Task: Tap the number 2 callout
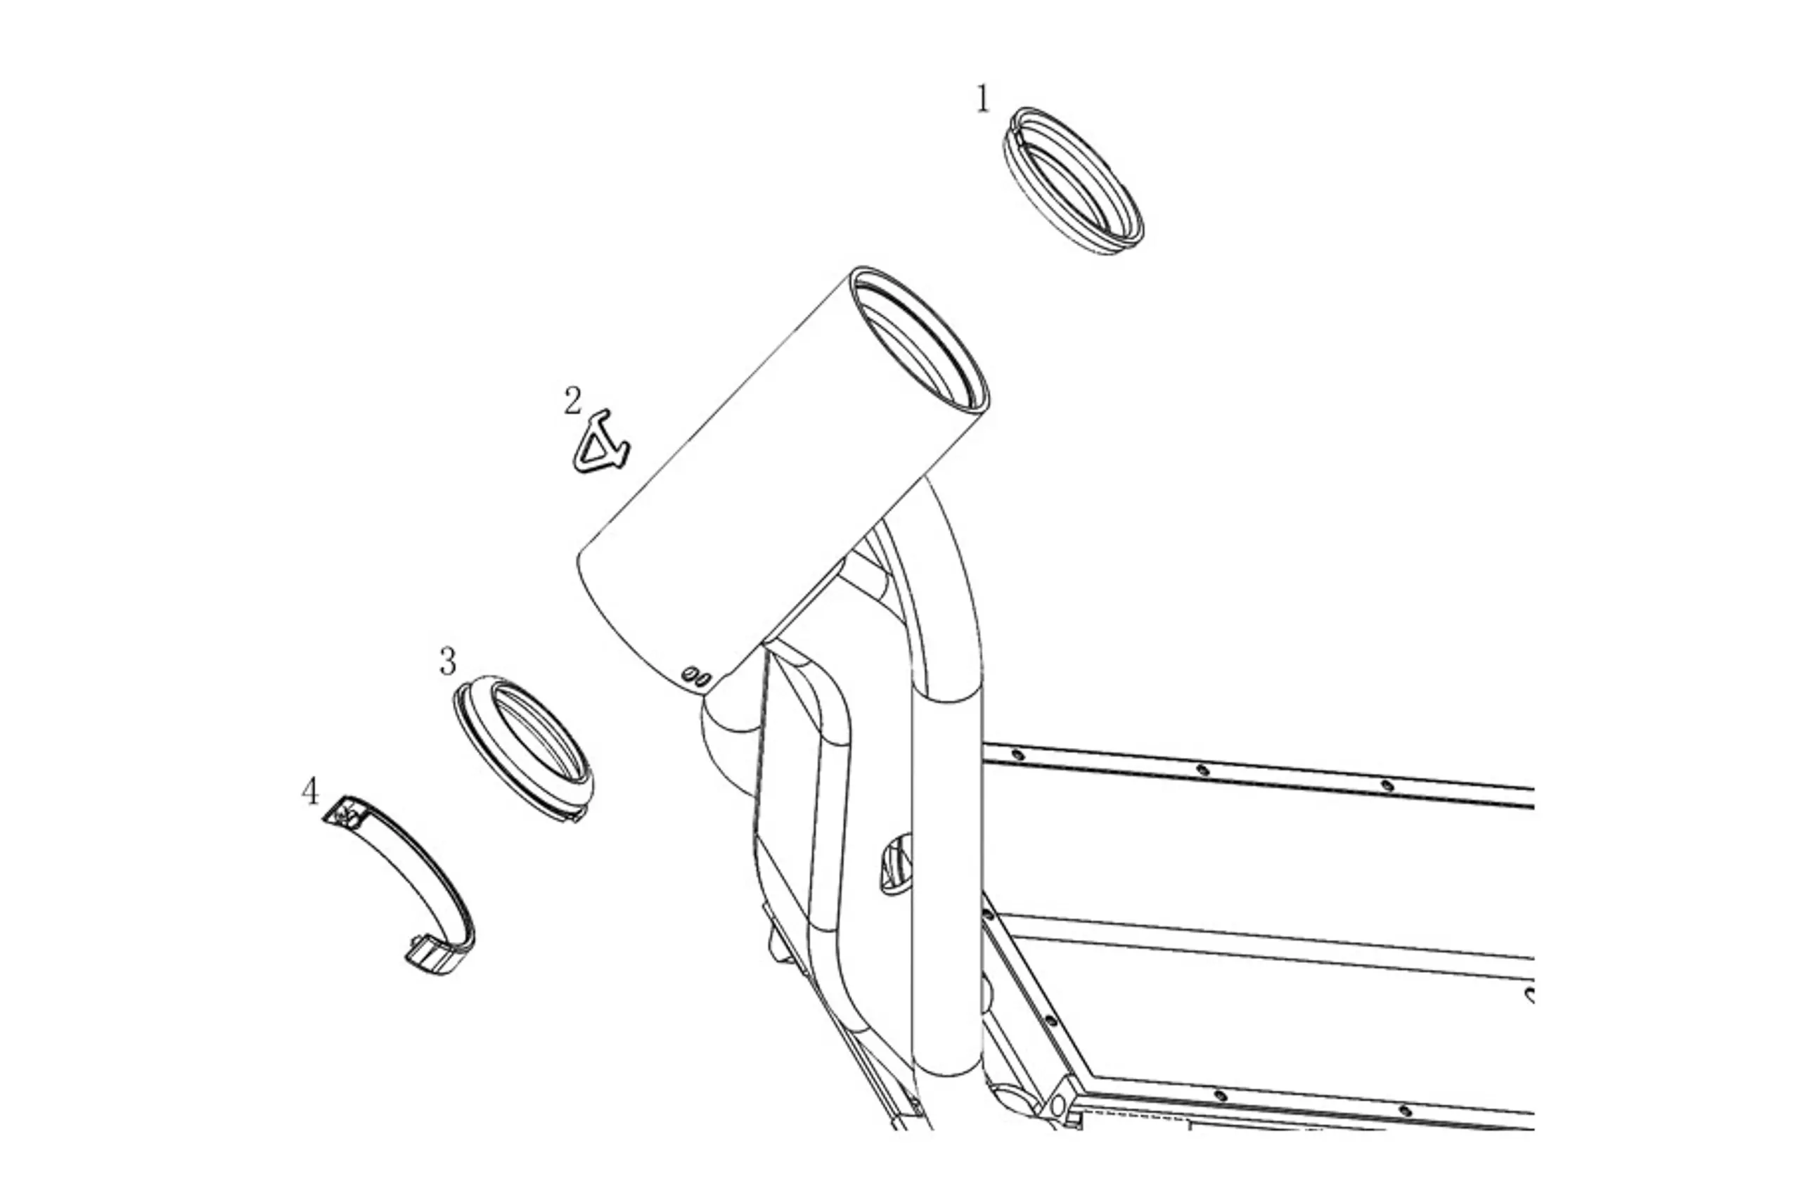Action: tap(572, 401)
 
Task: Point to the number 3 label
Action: tap(449, 662)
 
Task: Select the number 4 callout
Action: tap(310, 792)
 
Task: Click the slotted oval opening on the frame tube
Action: tap(895, 863)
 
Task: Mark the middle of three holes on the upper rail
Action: tap(1202, 769)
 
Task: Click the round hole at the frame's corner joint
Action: tap(1058, 1105)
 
